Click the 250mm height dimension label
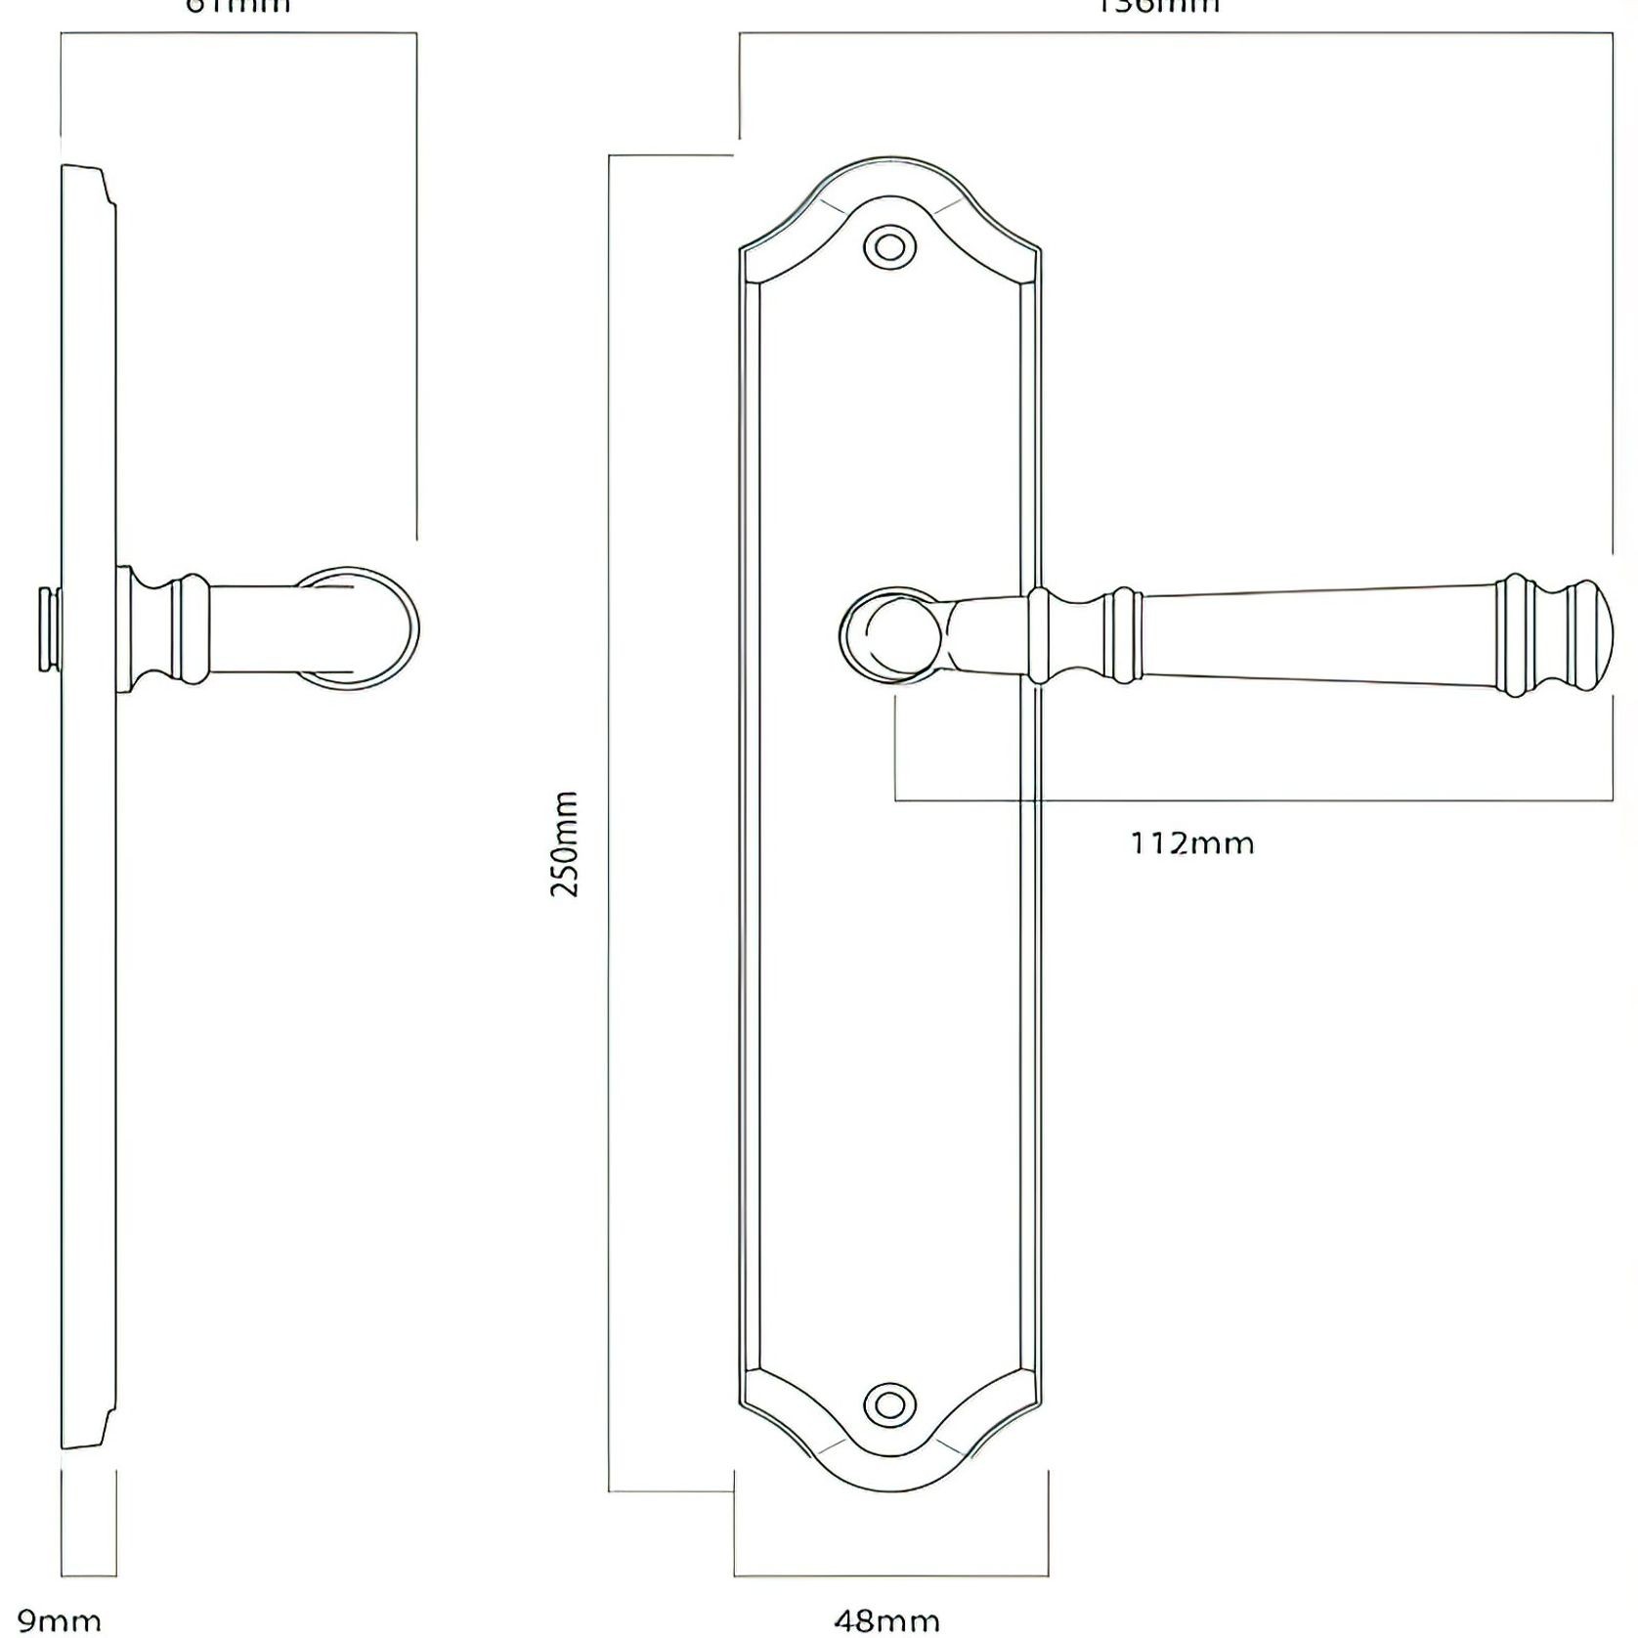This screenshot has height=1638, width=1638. click(x=565, y=844)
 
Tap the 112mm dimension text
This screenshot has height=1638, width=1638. click(x=1191, y=842)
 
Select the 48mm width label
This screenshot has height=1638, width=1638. click(x=887, y=1621)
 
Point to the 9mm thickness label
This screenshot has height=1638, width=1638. click(x=59, y=1621)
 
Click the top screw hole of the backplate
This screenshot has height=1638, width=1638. click(x=889, y=245)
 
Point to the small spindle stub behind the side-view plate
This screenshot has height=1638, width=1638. click(x=46, y=629)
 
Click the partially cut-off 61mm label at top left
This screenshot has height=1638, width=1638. click(x=237, y=6)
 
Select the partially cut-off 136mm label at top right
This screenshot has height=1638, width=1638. click(x=1159, y=6)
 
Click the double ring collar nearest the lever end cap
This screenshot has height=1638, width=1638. click(x=1514, y=634)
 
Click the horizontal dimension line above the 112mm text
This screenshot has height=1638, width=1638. click(x=1251, y=801)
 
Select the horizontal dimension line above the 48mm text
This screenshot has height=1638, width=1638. click(x=889, y=1575)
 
